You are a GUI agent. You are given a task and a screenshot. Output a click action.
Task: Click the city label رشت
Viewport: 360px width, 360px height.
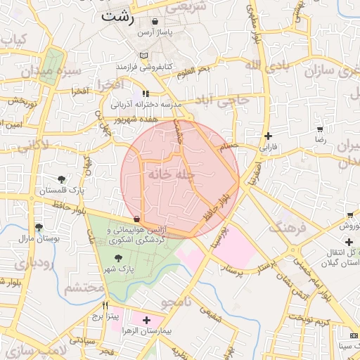click(x=117, y=15)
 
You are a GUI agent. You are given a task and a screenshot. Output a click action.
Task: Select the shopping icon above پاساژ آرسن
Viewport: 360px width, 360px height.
click(x=155, y=22)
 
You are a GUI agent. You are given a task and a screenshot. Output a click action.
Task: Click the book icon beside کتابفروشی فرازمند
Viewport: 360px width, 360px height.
click(x=143, y=56)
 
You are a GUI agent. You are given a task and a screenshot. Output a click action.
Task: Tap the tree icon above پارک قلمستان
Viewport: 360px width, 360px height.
click(x=61, y=179)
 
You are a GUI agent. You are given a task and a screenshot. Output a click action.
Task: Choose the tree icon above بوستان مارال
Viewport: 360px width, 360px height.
click(x=39, y=227)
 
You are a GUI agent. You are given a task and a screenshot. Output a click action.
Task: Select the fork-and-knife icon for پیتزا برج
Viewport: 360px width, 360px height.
click(x=105, y=306)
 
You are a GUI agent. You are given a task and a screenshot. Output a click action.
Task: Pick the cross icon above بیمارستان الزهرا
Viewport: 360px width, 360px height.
click(x=146, y=320)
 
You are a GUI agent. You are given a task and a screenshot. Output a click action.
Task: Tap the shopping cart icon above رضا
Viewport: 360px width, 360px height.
click(x=321, y=130)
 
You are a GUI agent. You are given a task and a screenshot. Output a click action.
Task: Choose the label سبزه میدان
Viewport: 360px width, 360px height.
click(x=29, y=70)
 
